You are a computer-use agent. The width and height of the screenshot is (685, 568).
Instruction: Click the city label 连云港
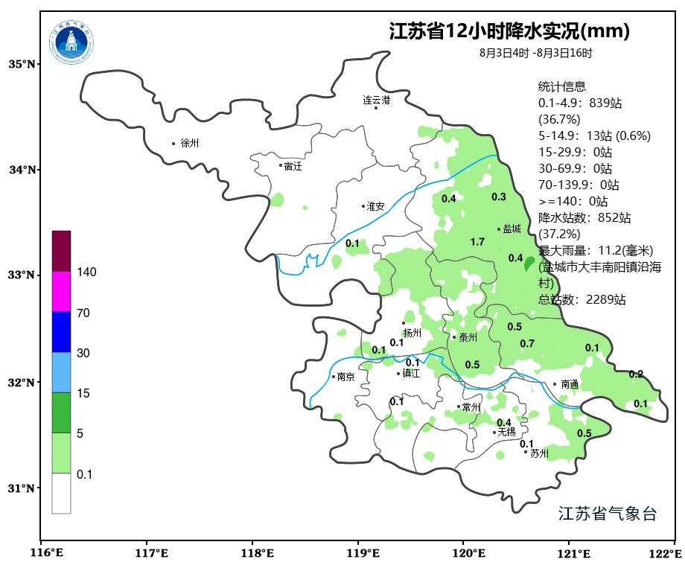click(377, 100)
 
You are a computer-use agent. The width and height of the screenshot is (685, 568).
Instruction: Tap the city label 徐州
click(190, 143)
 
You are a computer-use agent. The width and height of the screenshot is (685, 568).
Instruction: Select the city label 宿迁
click(293, 166)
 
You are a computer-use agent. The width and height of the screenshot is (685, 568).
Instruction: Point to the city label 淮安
click(375, 206)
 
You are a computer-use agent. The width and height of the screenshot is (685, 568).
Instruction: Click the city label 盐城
click(512, 229)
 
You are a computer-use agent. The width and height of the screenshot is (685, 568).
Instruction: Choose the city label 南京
click(345, 377)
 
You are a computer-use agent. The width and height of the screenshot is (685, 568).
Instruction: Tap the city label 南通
click(570, 385)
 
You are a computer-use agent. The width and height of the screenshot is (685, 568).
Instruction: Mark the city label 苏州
click(539, 453)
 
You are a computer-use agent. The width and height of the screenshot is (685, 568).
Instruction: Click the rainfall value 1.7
click(478, 242)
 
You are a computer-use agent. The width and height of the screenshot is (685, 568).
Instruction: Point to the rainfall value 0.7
click(527, 343)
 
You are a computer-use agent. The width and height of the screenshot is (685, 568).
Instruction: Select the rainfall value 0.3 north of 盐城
click(499, 197)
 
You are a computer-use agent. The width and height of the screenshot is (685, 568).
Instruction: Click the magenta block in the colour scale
click(61, 291)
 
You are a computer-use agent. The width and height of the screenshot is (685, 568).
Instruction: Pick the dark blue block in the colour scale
click(61, 332)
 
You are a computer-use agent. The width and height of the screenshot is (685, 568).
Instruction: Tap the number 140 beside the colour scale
click(86, 272)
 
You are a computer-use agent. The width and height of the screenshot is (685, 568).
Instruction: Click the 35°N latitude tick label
click(22, 64)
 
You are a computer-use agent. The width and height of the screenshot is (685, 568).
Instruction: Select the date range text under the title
click(536, 53)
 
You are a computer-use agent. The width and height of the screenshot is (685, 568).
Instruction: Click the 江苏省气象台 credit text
click(607, 514)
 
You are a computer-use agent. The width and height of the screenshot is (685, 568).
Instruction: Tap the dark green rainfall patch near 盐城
click(529, 264)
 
